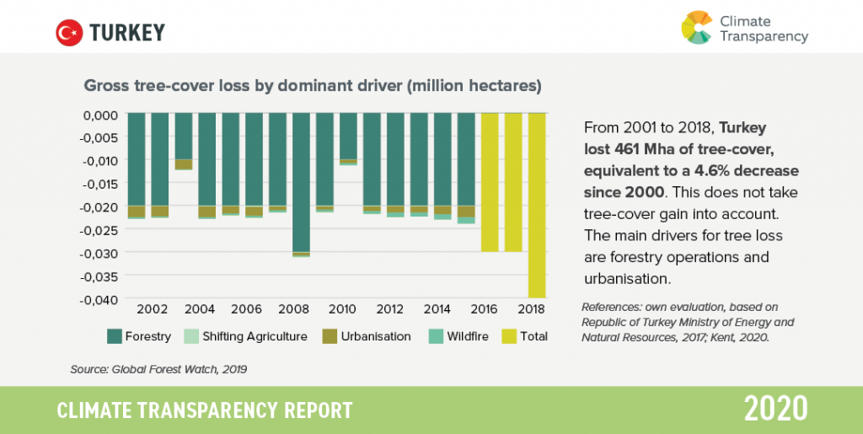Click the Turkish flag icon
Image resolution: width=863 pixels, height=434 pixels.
pos(68,33)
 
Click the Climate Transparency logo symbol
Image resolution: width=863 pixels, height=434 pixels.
pos(697,27)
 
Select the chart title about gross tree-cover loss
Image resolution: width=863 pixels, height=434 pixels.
pos(311,86)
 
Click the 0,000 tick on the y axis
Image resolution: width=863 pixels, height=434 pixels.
pos(103,114)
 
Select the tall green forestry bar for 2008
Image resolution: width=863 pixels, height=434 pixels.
pos(302,182)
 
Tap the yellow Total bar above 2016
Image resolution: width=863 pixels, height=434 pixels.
pos(490,182)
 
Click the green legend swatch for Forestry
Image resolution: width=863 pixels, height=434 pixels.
pos(114,336)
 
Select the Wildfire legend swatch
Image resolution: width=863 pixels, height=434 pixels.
pos(435,336)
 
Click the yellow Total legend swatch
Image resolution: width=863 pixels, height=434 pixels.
pos(508,336)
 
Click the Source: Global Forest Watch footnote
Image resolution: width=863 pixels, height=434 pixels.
pos(158,368)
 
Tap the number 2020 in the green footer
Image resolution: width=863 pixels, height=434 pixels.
pos(775,410)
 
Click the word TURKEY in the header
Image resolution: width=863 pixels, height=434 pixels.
pos(127,33)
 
